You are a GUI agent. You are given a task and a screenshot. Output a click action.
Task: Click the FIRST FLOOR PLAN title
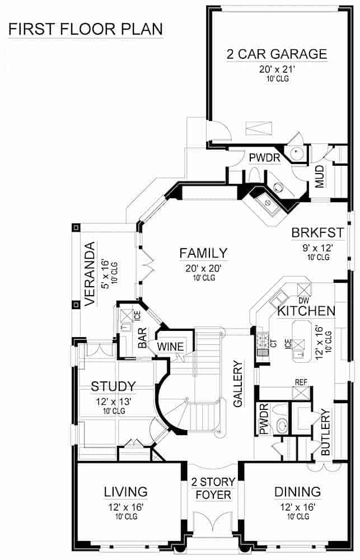click(x=85, y=29)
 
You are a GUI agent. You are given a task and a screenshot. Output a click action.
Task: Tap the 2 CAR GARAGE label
click(x=277, y=54)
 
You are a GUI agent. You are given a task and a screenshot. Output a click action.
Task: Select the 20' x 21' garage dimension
click(x=277, y=69)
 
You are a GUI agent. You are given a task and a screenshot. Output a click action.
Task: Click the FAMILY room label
click(x=203, y=253)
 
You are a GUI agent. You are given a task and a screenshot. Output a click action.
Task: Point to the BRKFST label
click(x=312, y=233)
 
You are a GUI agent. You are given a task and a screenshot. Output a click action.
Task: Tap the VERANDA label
click(x=91, y=274)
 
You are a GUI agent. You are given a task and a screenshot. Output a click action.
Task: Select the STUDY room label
click(x=113, y=386)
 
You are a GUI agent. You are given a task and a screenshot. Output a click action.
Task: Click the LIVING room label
click(x=125, y=492)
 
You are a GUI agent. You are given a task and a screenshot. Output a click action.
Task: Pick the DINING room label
click(x=297, y=492)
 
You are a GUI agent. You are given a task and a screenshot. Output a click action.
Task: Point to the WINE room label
click(x=171, y=347)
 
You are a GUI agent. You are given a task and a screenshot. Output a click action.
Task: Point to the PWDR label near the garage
click(x=264, y=158)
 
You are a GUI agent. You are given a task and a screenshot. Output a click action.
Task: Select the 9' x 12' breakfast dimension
click(x=312, y=247)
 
